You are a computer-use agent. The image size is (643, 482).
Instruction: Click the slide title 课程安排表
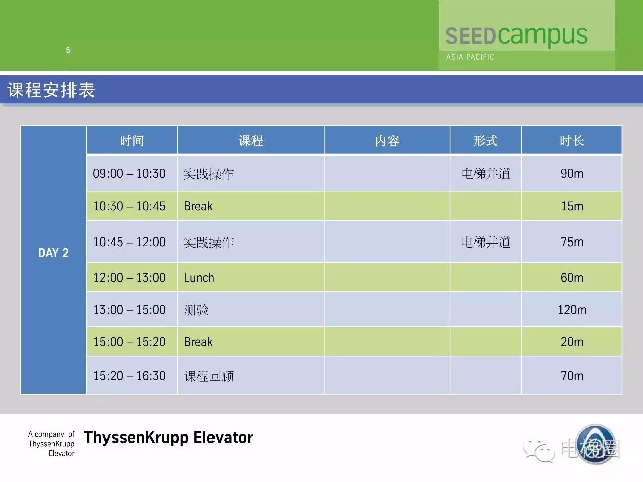(51, 90)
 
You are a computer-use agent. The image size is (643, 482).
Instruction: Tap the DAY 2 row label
(53, 253)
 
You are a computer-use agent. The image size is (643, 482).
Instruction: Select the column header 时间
(132, 141)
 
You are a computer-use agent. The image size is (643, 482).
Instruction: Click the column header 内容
(387, 141)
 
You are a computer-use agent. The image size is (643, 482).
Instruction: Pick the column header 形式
(485, 141)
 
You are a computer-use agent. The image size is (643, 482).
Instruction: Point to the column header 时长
(572, 141)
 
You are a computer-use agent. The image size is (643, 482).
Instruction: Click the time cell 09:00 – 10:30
(130, 173)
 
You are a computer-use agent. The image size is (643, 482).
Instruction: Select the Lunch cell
(199, 278)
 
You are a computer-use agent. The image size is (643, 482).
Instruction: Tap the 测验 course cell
(196, 310)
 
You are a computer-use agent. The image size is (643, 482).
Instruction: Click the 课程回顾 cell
(209, 376)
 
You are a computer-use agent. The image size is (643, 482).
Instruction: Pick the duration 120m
(572, 310)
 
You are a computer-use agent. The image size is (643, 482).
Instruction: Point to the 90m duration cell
(572, 173)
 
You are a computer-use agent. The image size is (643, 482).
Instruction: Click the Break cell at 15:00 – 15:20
(198, 342)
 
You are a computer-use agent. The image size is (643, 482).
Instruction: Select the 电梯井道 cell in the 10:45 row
(486, 243)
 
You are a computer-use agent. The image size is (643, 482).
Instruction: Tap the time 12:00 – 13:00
(130, 278)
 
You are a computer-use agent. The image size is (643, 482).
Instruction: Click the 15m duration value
(572, 206)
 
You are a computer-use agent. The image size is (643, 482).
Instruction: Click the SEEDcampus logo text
(516, 36)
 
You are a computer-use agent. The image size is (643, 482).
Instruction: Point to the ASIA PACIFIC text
(470, 57)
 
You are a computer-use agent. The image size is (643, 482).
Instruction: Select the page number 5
(68, 50)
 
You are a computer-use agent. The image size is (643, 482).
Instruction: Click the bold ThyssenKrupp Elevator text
(168, 438)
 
